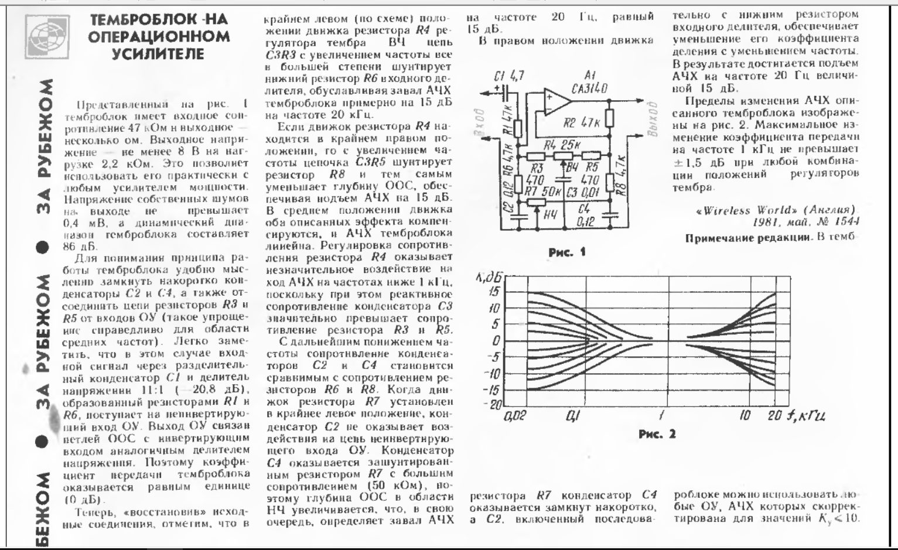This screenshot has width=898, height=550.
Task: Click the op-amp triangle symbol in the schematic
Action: tap(555, 103)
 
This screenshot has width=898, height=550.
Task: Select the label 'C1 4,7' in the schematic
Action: tap(509, 77)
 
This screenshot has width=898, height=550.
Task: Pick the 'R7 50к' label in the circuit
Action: tap(544, 192)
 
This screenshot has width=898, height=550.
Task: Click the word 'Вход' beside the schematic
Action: tap(481, 122)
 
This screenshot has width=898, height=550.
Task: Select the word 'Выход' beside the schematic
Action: tap(653, 119)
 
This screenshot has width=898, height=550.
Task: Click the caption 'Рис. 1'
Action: tap(566, 252)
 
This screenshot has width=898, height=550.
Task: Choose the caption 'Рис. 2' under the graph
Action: tap(657, 434)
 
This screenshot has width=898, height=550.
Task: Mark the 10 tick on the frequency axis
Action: tap(745, 416)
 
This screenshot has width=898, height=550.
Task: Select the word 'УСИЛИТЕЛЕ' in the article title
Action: tap(159, 54)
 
